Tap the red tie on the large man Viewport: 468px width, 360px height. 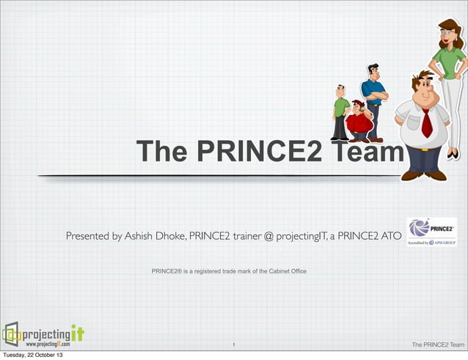point(426,122)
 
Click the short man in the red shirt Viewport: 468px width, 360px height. point(359,121)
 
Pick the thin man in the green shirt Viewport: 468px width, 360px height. point(340,111)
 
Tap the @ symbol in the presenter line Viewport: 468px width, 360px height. point(268,236)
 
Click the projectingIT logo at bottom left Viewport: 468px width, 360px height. point(43,334)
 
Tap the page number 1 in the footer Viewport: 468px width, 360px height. point(233,344)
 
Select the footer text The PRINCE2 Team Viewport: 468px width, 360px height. point(438,344)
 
